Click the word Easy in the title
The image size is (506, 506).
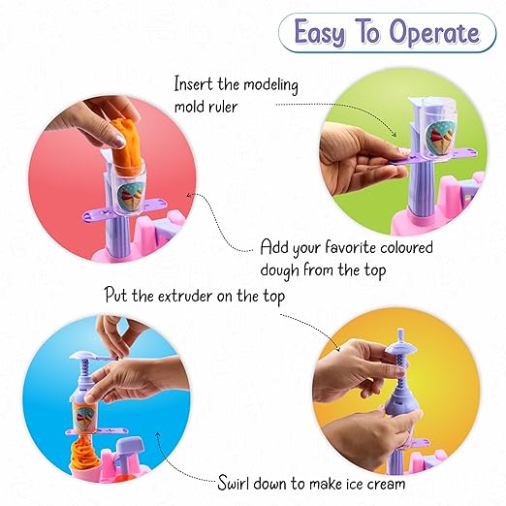coord(320,33)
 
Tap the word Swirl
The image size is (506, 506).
coord(234,483)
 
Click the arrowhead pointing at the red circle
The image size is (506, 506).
coord(190,195)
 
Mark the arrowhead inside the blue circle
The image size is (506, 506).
coord(157,434)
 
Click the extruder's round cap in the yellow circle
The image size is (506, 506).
coord(400,347)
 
